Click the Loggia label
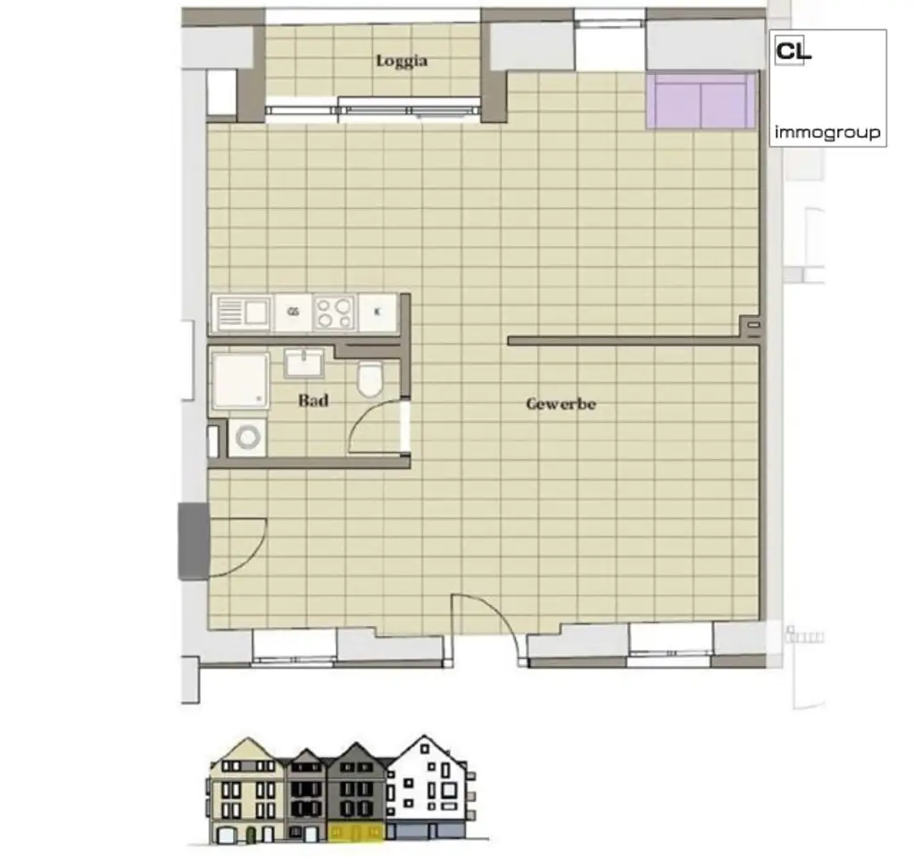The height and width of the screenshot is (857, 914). coord(402,61)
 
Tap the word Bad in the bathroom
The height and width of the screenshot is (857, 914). coord(312,401)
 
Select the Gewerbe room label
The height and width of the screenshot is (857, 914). coord(561,404)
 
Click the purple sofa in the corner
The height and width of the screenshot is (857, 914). coord(701,101)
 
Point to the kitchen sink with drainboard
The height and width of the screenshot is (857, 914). coord(243,312)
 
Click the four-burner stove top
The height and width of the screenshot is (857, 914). coord(334,312)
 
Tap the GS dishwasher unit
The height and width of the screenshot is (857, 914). coord(293,312)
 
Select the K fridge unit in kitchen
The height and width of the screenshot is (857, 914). coord(377,312)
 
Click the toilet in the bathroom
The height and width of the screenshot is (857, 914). coord(369,379)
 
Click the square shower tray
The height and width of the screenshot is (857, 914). coord(240,381)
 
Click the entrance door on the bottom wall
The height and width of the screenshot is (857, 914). coord(486,625)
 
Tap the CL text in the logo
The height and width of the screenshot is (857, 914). coord(794,52)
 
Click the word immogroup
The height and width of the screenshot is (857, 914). coord(827,133)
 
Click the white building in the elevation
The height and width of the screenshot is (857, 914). coord(428,786)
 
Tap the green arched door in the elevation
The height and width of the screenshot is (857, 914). coord(252,836)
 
